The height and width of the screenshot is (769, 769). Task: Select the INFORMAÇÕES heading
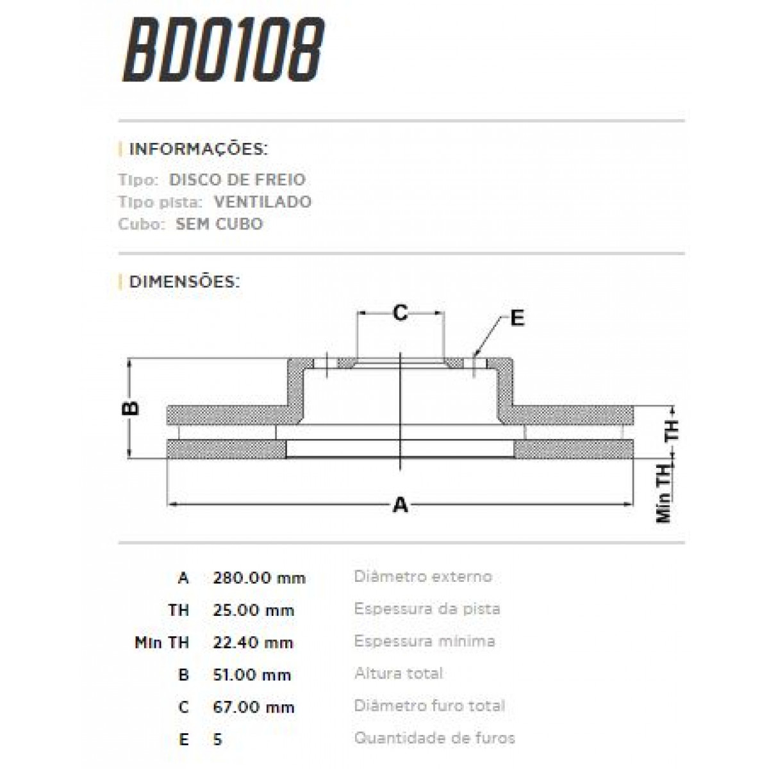(199, 150)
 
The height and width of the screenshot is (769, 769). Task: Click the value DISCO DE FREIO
(237, 179)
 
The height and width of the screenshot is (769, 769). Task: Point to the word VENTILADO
(263, 202)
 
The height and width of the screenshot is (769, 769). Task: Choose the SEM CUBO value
(219, 224)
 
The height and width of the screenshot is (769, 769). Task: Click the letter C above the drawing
(401, 313)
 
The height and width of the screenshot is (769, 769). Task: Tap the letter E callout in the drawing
(517, 318)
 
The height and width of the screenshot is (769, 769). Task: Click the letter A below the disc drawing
(401, 506)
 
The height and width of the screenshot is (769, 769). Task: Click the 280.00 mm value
(259, 578)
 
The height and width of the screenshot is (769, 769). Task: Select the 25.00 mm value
(254, 610)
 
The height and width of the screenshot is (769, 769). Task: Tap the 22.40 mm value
(253, 642)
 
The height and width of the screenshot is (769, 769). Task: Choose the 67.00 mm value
(254, 707)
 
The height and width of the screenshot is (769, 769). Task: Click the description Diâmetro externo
(423, 577)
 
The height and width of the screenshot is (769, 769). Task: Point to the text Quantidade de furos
(434, 738)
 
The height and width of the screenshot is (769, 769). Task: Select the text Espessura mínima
(424, 641)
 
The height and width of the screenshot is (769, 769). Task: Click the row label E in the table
(184, 740)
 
